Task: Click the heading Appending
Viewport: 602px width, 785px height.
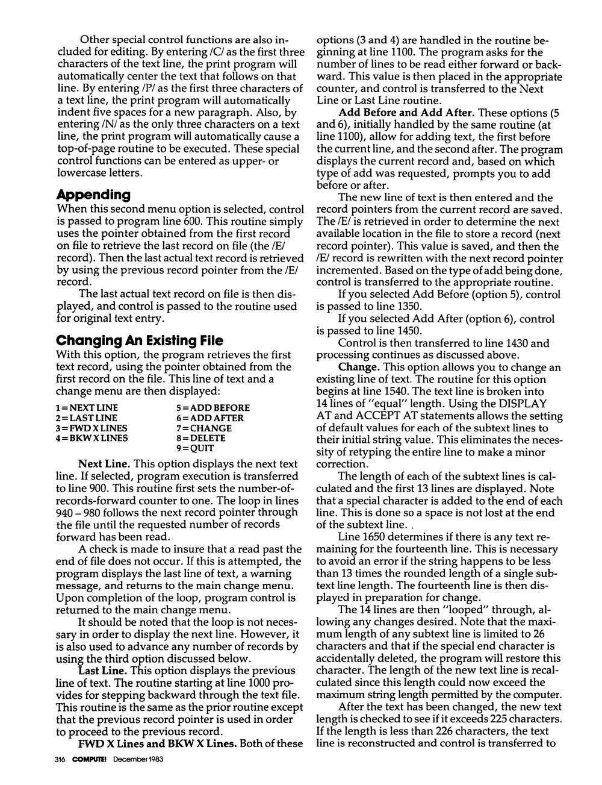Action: pyautogui.click(x=93, y=195)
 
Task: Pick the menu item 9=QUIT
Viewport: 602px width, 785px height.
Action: pyautogui.click(x=196, y=448)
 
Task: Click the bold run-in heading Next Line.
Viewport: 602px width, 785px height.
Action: pyautogui.click(x=104, y=464)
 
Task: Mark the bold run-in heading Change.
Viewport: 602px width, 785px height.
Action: pyautogui.click(x=359, y=367)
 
